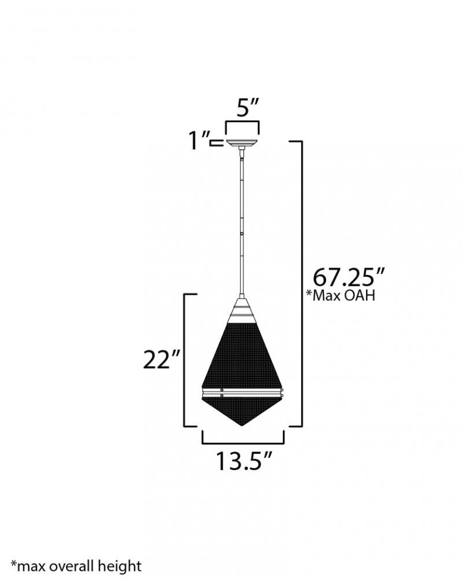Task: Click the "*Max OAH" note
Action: [x=341, y=295]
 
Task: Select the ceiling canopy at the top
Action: [x=242, y=143]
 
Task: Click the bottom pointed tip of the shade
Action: [x=242, y=426]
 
